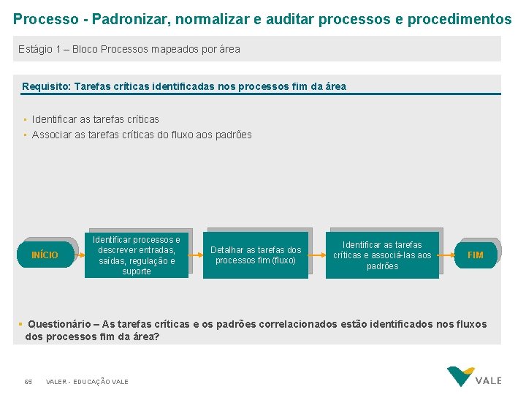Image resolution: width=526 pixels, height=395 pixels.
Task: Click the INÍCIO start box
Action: (45, 255)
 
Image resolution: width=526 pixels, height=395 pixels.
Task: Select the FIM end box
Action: (475, 255)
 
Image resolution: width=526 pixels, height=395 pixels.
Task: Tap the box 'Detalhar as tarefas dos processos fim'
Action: (256, 255)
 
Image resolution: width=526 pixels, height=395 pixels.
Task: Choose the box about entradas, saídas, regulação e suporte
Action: (137, 255)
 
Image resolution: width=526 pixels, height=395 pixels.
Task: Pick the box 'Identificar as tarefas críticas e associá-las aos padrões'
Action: (382, 255)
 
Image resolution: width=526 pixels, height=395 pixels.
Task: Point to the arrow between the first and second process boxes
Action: (196, 255)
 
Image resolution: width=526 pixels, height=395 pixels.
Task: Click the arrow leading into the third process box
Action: (318, 255)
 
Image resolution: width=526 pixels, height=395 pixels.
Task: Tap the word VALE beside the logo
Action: (489, 380)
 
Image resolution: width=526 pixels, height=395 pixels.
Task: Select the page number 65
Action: (28, 382)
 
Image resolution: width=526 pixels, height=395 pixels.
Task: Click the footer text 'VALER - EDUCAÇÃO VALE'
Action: (87, 382)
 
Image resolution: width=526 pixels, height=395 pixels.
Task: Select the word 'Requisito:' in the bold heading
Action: (46, 86)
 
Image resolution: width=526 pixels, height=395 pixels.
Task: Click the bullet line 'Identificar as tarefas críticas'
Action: (96, 119)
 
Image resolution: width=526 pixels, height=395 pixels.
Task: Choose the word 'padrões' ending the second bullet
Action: (235, 135)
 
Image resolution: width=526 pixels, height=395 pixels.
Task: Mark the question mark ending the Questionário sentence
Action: (157, 337)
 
